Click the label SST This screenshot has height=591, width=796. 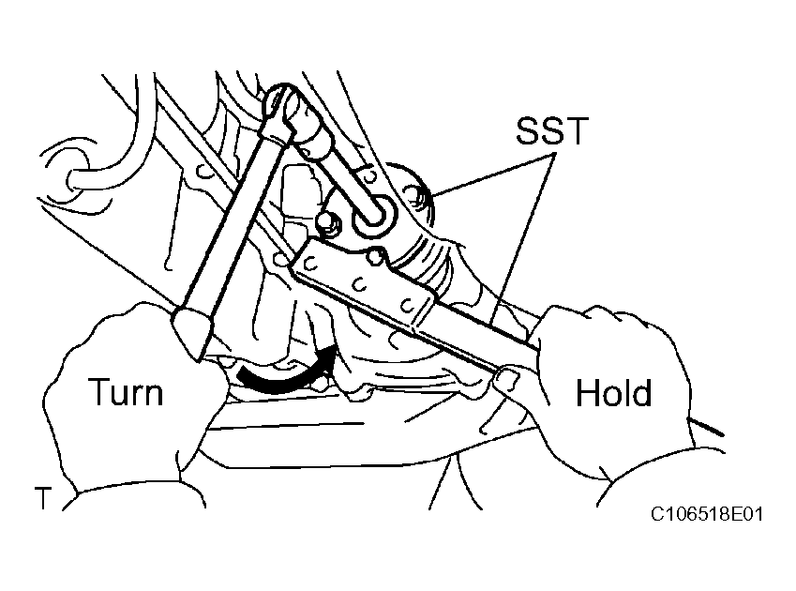click(x=552, y=130)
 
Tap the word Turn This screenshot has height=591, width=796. click(x=127, y=392)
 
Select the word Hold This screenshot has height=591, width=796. click(x=614, y=392)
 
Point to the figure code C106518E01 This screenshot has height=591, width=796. click(x=707, y=514)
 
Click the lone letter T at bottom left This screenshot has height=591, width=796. click(x=43, y=497)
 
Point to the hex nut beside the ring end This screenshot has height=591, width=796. click(x=327, y=223)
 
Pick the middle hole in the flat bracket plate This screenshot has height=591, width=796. click(x=360, y=284)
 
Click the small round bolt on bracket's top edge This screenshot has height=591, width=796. click(x=375, y=256)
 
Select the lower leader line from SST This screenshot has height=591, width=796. click(x=520, y=237)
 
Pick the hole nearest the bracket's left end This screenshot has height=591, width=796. click(x=310, y=264)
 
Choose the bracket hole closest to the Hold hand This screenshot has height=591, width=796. click(x=407, y=305)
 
